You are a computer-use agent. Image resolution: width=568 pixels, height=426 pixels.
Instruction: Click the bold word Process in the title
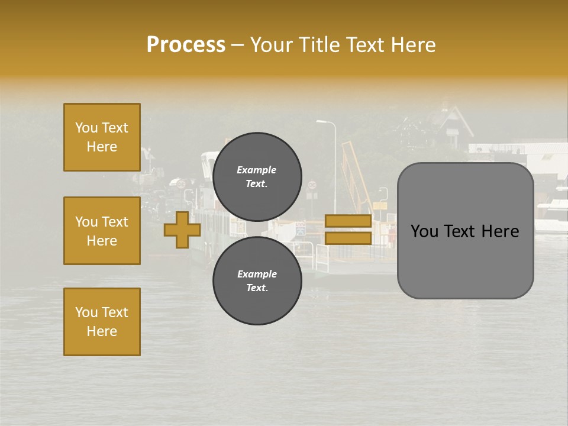[186, 45]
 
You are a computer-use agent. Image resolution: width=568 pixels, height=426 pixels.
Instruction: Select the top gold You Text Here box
[102, 137]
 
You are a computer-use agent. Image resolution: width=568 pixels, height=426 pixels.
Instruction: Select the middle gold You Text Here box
[102, 231]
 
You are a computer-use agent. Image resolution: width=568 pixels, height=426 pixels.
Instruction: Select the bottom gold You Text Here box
[102, 322]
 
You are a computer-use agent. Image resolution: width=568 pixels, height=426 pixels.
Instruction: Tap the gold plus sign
[182, 230]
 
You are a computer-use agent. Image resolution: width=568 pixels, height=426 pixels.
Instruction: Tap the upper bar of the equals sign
[348, 221]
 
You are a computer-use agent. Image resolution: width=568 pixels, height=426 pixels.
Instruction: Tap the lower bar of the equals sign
[348, 238]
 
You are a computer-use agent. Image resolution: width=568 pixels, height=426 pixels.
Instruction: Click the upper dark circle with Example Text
[257, 176]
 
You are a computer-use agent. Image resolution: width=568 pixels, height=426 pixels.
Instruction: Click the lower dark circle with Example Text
[257, 280]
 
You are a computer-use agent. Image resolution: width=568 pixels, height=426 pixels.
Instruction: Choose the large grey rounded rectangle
[465, 231]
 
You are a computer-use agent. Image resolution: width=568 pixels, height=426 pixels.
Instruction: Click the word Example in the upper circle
[257, 170]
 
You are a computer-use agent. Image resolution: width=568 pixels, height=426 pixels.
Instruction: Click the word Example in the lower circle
[257, 274]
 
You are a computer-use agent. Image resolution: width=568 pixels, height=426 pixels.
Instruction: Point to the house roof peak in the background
[454, 108]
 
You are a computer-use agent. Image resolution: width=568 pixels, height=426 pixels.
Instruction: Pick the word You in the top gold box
[86, 128]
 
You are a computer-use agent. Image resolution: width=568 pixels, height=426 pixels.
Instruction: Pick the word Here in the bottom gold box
[102, 331]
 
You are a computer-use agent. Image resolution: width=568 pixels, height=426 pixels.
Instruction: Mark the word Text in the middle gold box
[115, 222]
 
